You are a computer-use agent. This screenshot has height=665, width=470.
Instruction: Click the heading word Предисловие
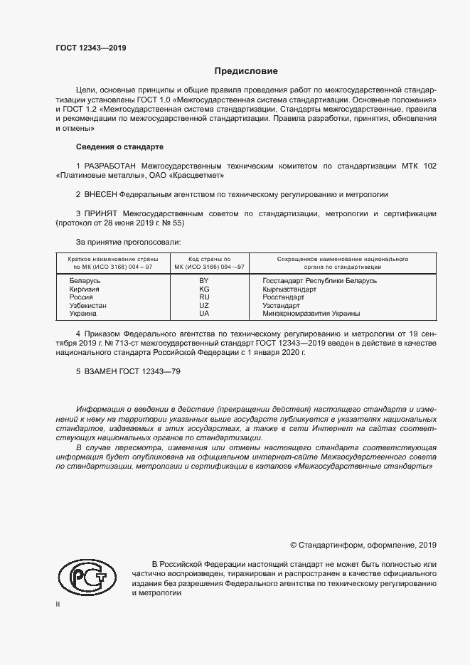tap(246, 71)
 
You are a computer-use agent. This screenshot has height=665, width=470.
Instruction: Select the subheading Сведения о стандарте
tap(119, 147)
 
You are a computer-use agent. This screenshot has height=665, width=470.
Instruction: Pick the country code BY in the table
tap(224, 281)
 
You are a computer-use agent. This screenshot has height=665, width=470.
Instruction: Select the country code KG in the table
tap(224, 289)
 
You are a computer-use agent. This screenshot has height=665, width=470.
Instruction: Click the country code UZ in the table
tap(224, 305)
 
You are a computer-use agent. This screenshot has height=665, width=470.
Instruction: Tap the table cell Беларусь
tap(85, 281)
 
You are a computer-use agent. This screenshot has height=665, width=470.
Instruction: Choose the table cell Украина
tap(83, 313)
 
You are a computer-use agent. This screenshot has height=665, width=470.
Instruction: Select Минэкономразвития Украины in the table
tap(311, 313)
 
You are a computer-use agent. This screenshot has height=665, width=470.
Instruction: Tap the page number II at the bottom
tap(58, 604)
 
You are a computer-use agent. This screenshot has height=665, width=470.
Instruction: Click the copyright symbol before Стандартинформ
tap(294, 545)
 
